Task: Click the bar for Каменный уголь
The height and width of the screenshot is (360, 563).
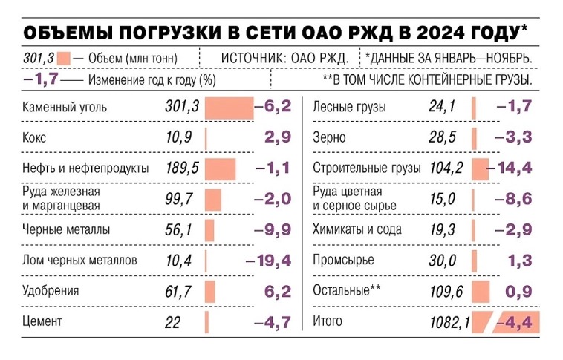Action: (230, 108)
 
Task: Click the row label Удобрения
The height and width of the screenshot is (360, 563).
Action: (51, 291)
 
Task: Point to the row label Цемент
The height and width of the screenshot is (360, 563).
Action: (42, 321)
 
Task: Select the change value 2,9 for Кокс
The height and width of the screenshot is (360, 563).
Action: (276, 137)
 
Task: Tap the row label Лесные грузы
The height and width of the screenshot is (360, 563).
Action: (350, 108)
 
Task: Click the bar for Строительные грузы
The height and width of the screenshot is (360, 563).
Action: (480, 168)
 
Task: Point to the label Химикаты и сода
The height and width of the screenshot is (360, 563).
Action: (357, 229)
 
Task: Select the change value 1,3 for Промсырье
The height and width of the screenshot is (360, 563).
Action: (521, 261)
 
